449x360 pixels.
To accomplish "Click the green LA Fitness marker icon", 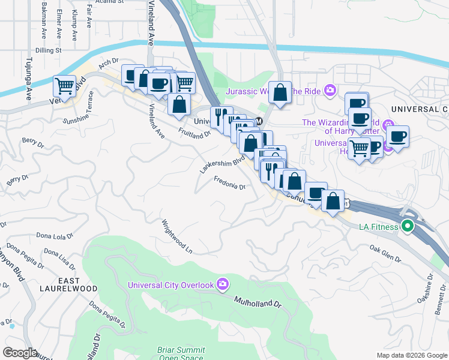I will pyautogui.click(x=408, y=227).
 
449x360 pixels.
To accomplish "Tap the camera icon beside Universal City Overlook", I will pyautogui.click(x=223, y=284).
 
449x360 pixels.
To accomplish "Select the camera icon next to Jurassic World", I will pyautogui.click(x=330, y=91).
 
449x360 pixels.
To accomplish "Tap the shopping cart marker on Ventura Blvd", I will pyautogui.click(x=64, y=86).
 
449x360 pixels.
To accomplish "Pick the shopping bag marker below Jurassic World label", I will pyautogui.click(x=280, y=93).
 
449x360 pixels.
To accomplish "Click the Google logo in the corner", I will pyautogui.click(x=20, y=353).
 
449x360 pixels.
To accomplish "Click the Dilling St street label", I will pyautogui.click(x=49, y=51).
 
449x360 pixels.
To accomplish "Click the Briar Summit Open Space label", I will pyautogui.click(x=181, y=353).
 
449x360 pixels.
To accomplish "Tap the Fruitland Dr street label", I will pyautogui.click(x=194, y=131).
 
